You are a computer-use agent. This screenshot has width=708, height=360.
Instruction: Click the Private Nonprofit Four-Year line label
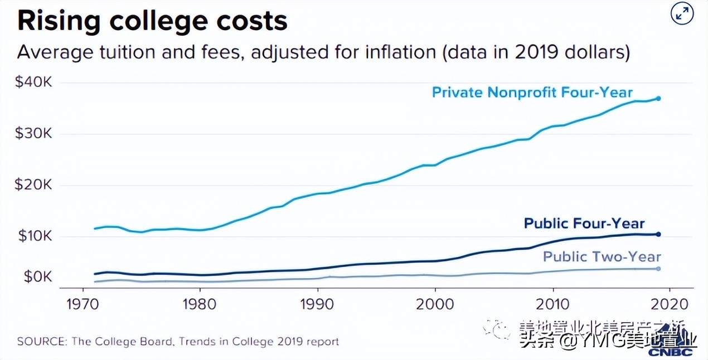(532, 92)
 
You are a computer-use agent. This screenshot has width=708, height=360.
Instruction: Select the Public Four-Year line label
(584, 223)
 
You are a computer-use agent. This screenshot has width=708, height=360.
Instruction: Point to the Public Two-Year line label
(602, 256)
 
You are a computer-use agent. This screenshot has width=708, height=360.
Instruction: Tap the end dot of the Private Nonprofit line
(658, 99)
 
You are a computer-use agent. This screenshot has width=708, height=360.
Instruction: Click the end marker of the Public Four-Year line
(658, 234)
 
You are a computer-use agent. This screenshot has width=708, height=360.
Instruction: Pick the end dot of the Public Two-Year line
(658, 269)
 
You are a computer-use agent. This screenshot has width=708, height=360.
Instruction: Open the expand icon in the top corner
(681, 15)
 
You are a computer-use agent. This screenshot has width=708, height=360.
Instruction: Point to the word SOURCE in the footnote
(41, 341)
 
